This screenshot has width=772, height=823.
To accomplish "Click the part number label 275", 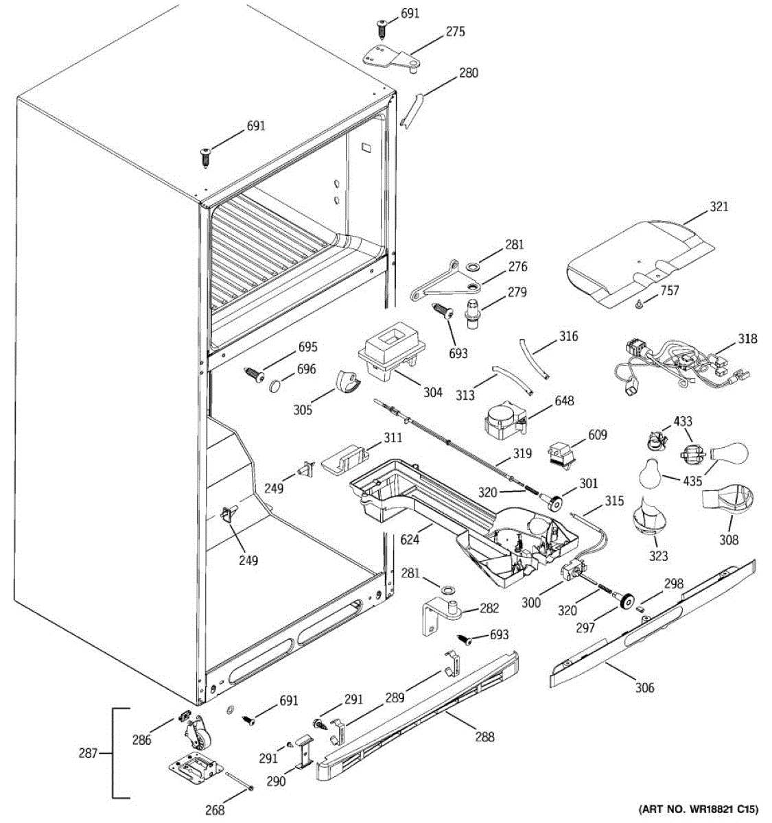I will [455, 32].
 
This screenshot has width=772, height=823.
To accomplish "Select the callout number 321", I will [719, 206].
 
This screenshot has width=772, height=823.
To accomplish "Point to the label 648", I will [565, 401].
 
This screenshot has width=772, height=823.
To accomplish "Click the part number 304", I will [432, 392].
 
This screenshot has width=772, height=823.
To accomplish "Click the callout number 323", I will [659, 556].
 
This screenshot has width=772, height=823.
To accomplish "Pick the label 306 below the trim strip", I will [644, 688].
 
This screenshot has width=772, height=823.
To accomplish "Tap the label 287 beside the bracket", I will [89, 752].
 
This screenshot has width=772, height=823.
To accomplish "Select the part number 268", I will [215, 811].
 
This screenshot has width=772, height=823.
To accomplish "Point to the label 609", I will [598, 434].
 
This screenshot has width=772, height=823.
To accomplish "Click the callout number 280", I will [469, 73].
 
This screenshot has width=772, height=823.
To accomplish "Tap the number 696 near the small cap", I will [306, 370].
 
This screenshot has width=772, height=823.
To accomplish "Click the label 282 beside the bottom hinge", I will [489, 608].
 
